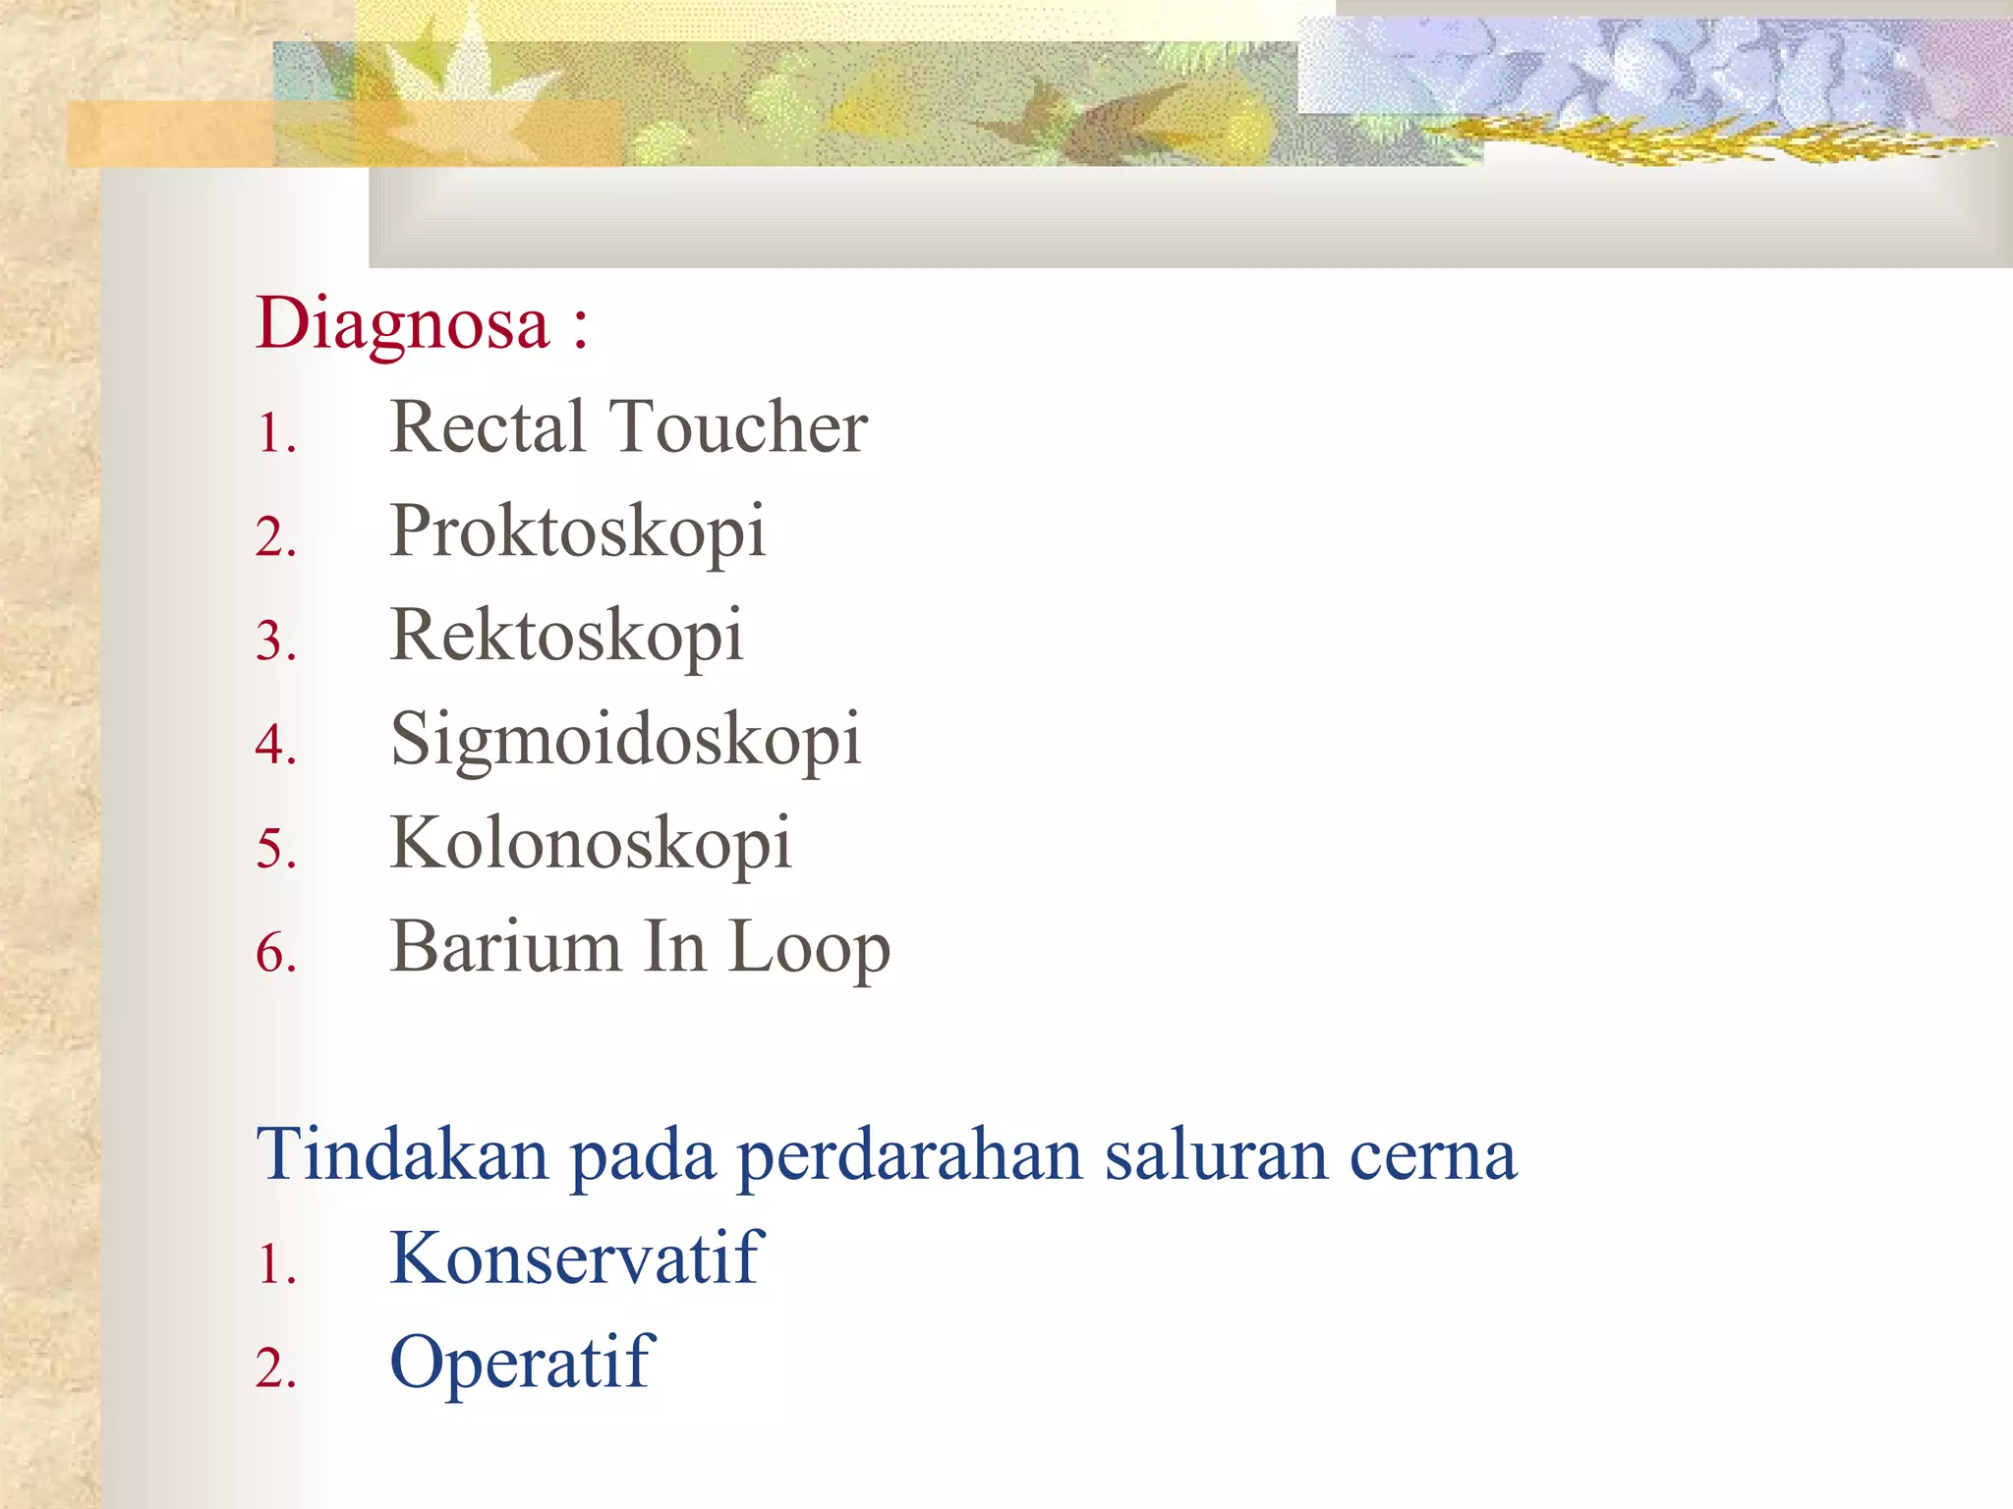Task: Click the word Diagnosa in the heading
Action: [x=402, y=324]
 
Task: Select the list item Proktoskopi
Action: [x=577, y=532]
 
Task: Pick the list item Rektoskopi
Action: [x=566, y=637]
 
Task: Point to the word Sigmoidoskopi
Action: [x=625, y=741]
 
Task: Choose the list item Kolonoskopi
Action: [x=590, y=844]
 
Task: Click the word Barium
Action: [x=505, y=947]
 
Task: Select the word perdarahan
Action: [x=908, y=1157]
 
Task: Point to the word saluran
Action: [x=1214, y=1155]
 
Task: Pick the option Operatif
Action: [x=521, y=1364]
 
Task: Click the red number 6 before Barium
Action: [x=273, y=953]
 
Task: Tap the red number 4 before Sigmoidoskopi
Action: [x=273, y=745]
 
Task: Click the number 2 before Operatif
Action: [x=273, y=1369]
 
